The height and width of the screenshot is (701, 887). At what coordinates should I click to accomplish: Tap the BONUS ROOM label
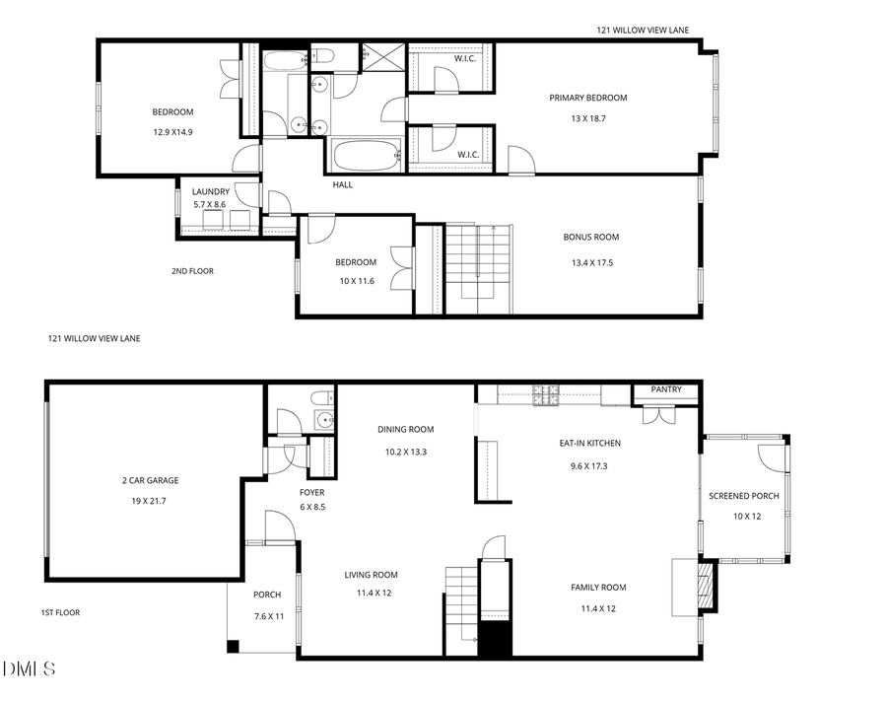[x=591, y=238]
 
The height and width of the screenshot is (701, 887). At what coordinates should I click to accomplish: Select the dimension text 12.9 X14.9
[x=172, y=131]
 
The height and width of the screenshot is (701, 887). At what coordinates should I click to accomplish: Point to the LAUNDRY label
[x=211, y=191]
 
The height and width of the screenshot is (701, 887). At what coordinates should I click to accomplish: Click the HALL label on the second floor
[x=343, y=184]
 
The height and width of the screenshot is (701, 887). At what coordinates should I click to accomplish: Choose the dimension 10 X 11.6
[x=356, y=282]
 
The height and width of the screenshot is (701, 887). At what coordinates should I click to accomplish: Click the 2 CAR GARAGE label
[x=150, y=481]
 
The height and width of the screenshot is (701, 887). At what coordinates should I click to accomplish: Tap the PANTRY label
[x=666, y=389]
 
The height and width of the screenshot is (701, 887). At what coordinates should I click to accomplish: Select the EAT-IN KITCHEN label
[x=590, y=443]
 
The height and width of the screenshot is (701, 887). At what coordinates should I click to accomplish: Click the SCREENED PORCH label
[x=744, y=496]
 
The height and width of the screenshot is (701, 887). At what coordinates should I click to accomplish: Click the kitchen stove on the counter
[x=545, y=394]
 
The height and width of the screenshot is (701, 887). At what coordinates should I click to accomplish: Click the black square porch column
[x=233, y=647]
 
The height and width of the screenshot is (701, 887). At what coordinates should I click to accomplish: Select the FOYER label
[x=312, y=492]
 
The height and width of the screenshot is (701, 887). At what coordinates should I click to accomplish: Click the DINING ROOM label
[x=406, y=429]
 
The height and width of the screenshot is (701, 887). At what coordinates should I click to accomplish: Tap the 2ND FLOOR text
[x=192, y=271]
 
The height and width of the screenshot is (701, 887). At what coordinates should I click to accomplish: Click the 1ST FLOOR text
[x=60, y=612]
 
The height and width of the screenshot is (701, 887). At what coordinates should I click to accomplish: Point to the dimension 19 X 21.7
[x=150, y=501]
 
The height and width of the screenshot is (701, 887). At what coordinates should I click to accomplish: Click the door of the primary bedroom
[x=519, y=161]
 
